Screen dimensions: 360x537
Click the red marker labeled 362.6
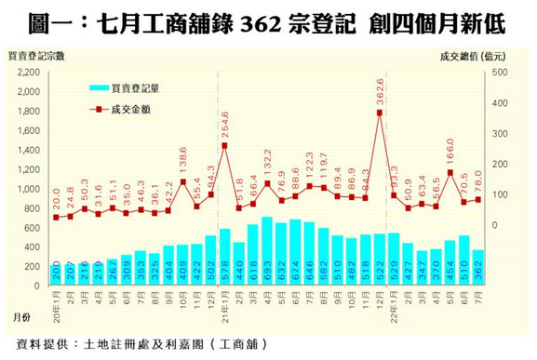(x=380, y=113)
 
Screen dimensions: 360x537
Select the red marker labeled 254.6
(x=224, y=146)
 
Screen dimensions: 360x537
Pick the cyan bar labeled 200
(x=56, y=273)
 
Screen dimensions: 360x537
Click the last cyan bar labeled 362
(x=477, y=266)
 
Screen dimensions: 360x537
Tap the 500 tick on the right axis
(x=499, y=72)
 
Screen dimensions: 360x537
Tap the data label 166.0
(x=450, y=153)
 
